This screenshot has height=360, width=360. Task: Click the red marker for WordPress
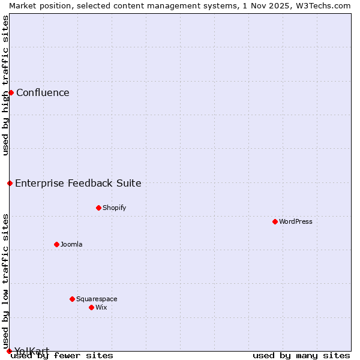(275, 221)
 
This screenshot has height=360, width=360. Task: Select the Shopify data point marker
(98, 208)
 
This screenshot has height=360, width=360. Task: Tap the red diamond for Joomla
(56, 244)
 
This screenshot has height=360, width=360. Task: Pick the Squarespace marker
(72, 299)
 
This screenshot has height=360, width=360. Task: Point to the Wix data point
(91, 307)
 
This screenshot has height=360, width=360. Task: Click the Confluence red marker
(11, 92)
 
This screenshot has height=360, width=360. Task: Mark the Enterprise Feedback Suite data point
(10, 183)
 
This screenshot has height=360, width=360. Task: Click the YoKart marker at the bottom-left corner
(9, 351)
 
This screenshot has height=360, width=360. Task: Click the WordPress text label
(296, 221)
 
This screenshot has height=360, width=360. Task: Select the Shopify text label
(114, 208)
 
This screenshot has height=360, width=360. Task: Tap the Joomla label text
(71, 244)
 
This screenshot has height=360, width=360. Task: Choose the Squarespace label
(97, 299)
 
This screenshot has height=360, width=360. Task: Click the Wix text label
(101, 307)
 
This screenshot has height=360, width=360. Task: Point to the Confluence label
(43, 92)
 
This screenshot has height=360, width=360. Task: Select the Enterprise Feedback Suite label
(78, 183)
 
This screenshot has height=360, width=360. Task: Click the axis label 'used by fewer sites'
(62, 356)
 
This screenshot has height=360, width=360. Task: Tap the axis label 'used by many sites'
(301, 356)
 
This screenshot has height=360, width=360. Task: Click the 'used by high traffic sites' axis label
(5, 85)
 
